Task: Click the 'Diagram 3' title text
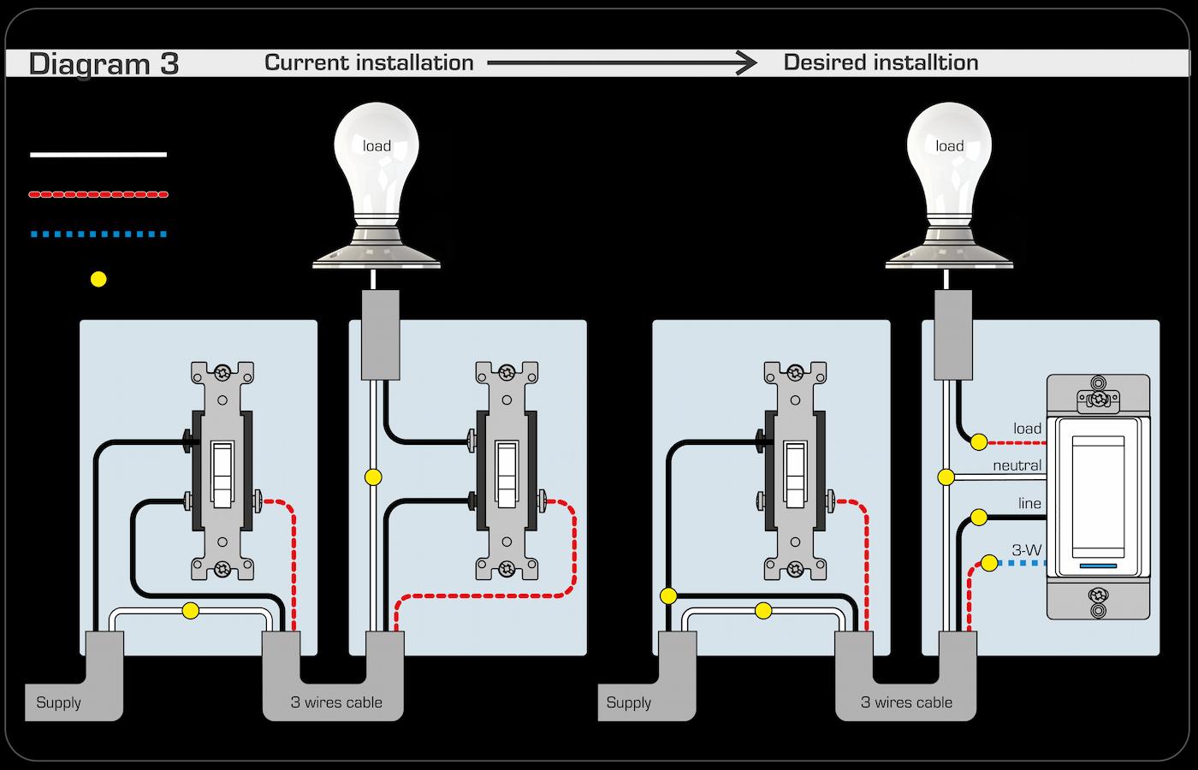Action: pyautogui.click(x=104, y=64)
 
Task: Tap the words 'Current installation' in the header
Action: pyautogui.click(x=369, y=62)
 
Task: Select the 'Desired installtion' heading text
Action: pyautogui.click(x=881, y=62)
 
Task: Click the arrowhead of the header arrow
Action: pyautogui.click(x=747, y=62)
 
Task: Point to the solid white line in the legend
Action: pyautogui.click(x=98, y=155)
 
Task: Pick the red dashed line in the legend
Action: pyautogui.click(x=98, y=194)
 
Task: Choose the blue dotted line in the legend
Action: pyautogui.click(x=98, y=234)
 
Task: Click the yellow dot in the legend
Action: pyautogui.click(x=98, y=279)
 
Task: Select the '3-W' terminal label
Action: pyautogui.click(x=1026, y=550)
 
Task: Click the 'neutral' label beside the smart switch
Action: pyautogui.click(x=1017, y=466)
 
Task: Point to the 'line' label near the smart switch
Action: pyautogui.click(x=1029, y=504)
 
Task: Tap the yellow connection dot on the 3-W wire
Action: pyautogui.click(x=989, y=563)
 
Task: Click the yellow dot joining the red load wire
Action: pyautogui.click(x=978, y=442)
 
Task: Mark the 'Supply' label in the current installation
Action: pyautogui.click(x=58, y=703)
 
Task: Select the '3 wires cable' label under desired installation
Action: pyautogui.click(x=906, y=703)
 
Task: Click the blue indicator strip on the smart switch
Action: pyautogui.click(x=1099, y=566)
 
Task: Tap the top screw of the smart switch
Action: pyautogui.click(x=1099, y=399)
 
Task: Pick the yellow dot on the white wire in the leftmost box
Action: pyautogui.click(x=191, y=611)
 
